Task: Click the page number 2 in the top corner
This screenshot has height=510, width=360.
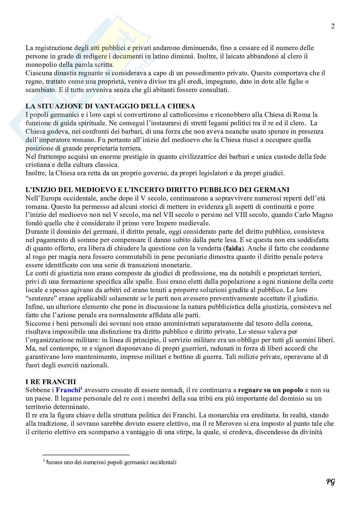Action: click(x=333, y=26)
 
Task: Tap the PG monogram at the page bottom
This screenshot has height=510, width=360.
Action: click(x=330, y=482)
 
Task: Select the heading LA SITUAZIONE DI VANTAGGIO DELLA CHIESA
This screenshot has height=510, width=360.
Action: click(x=110, y=106)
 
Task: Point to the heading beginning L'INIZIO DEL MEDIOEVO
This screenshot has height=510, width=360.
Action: click(x=157, y=189)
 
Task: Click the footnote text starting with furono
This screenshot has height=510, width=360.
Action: click(x=111, y=462)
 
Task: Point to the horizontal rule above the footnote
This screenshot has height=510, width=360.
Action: click(x=86, y=454)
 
